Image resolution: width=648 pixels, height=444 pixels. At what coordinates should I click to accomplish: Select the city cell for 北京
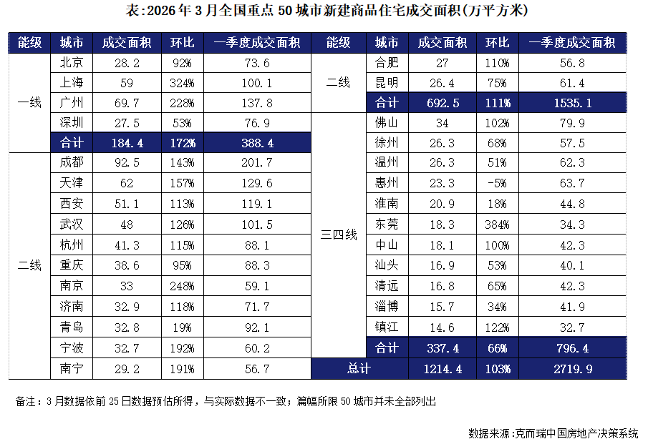[x=72, y=62]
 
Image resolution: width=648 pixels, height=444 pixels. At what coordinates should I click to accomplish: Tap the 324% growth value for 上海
[x=182, y=82]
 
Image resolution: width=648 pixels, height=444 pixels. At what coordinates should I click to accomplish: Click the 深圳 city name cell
[x=72, y=122]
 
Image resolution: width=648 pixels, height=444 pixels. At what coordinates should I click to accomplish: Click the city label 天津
[x=72, y=184]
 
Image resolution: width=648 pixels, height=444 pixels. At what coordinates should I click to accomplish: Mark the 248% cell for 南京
[x=182, y=287]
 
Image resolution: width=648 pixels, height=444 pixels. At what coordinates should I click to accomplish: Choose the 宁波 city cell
[x=72, y=348]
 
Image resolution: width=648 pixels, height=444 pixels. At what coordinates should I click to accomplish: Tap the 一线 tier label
[x=29, y=102]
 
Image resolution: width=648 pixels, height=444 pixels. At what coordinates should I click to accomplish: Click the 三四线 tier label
[x=338, y=235]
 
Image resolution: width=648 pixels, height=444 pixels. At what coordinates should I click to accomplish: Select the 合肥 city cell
[x=387, y=62]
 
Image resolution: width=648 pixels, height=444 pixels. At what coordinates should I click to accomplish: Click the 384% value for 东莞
[x=498, y=225]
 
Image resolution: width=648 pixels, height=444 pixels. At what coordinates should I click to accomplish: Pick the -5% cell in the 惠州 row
[x=498, y=184]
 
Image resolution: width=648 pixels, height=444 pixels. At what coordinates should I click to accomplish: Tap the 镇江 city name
[x=387, y=327]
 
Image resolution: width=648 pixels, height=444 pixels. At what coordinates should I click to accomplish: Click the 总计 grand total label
[x=359, y=369]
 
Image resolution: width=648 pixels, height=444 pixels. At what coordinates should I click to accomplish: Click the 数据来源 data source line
[x=553, y=433]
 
